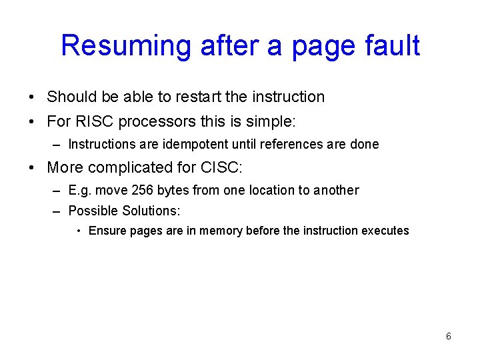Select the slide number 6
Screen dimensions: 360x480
click(448, 336)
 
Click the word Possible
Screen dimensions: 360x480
click(93, 211)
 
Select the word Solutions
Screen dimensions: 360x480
click(151, 211)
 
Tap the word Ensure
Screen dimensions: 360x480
click(107, 231)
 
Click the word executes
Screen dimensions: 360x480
click(385, 231)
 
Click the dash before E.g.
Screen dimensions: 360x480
click(55, 190)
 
